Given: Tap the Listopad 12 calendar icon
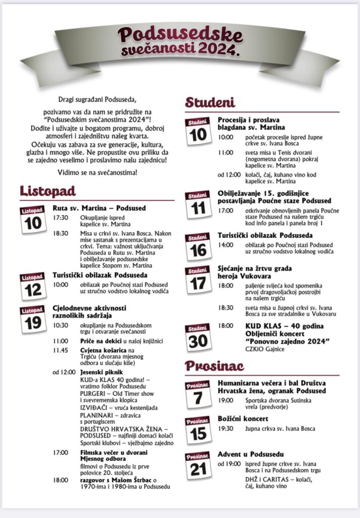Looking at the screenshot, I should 33,287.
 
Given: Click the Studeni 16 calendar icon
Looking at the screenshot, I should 198,246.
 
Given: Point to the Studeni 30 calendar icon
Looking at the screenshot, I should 198,338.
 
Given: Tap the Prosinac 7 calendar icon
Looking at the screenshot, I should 198,394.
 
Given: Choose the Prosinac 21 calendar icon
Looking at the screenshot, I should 198,465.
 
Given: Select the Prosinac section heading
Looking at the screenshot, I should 214,366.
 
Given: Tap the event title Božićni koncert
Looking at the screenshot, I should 243,419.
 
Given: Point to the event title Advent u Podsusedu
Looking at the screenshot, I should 251,454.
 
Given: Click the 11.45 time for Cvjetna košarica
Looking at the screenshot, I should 62,350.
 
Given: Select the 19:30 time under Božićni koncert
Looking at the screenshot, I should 226,429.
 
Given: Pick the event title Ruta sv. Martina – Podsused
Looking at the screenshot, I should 99,208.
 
